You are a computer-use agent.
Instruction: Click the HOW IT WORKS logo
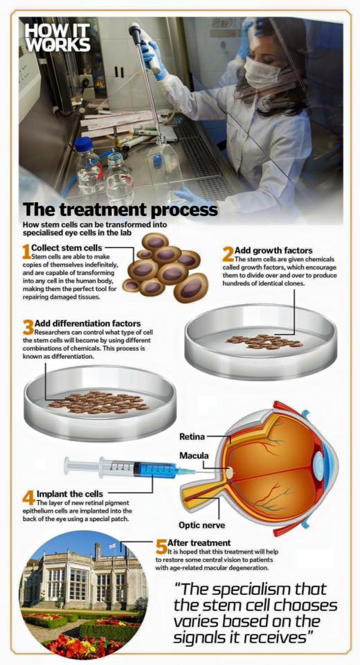tap(57, 37)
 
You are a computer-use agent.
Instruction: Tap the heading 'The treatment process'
tap(120, 209)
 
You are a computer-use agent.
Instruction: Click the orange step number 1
tap(27, 251)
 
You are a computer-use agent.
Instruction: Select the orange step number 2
tap(228, 254)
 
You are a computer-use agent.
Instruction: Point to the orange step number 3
tap(28, 328)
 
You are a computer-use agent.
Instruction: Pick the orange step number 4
tap(29, 497)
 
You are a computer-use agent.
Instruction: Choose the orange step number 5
tap(161, 547)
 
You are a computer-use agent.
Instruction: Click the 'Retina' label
tap(192, 436)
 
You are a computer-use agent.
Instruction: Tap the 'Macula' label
tap(194, 456)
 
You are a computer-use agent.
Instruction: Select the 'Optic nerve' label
tap(202, 525)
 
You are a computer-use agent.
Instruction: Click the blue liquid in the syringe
tap(158, 470)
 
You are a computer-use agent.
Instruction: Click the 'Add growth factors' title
tap(273, 250)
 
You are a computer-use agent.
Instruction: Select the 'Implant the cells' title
tap(69, 494)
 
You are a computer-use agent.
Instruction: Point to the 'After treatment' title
tap(199, 543)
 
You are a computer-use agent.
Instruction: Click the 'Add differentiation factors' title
tap(88, 323)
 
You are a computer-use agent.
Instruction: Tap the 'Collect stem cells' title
tap(66, 247)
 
